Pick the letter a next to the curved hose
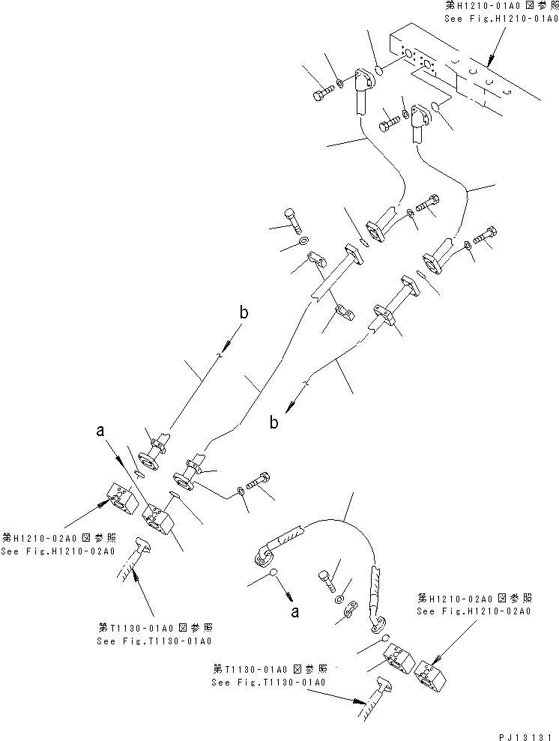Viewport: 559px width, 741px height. point(296,611)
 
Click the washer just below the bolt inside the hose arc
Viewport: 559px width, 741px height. point(341,599)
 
